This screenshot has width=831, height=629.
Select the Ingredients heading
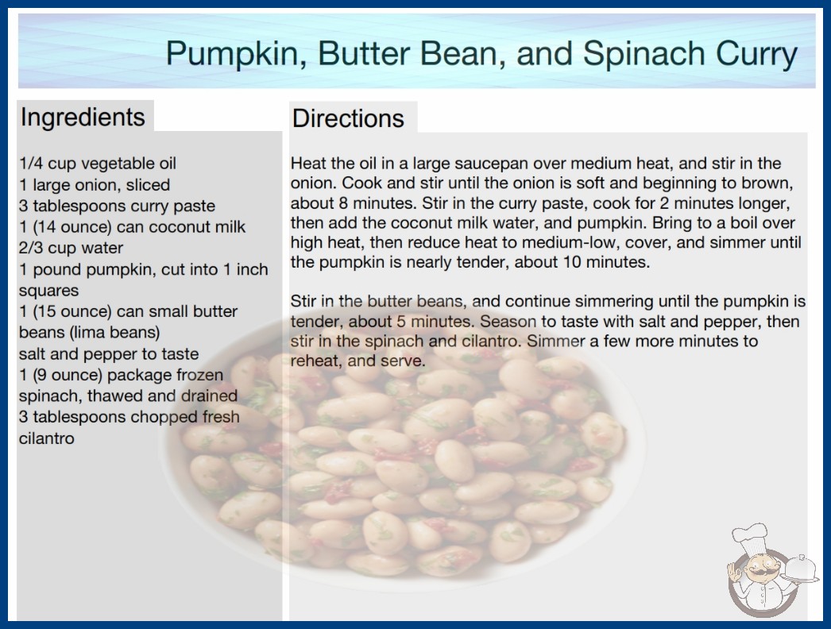click(x=83, y=118)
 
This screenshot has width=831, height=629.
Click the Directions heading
click(x=348, y=118)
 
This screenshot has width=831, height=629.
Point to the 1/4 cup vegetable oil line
click(x=98, y=164)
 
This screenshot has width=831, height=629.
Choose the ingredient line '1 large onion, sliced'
click(x=95, y=184)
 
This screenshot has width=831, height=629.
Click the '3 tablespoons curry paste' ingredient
click(x=117, y=206)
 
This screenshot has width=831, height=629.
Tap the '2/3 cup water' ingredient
click(x=71, y=248)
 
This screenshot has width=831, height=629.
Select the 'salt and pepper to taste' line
click(x=109, y=353)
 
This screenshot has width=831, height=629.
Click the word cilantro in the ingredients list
click(x=47, y=438)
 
